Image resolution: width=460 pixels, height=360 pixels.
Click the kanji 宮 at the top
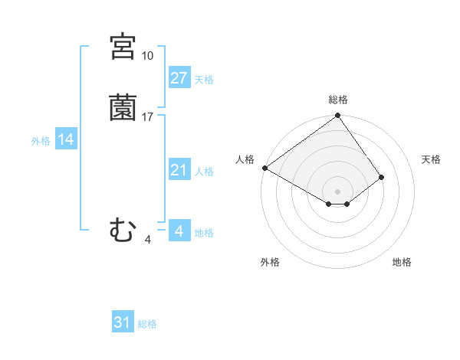(123, 47)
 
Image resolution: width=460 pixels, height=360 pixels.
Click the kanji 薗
(123, 107)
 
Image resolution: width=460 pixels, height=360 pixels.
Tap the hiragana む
(123, 230)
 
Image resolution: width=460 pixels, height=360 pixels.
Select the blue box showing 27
(179, 77)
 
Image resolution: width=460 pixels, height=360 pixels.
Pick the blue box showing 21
(179, 170)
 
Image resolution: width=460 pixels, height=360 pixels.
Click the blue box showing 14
(66, 139)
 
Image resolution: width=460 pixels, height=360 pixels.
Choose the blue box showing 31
(123, 322)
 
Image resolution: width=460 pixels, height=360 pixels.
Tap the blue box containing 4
(179, 231)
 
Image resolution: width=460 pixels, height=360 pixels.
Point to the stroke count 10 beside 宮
(147, 56)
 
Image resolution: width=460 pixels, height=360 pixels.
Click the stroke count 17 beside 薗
(147, 117)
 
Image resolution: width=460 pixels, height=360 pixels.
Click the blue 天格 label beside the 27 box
(204, 80)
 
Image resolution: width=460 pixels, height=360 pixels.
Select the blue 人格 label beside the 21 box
(204, 172)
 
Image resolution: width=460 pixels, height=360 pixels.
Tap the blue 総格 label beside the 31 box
(147, 325)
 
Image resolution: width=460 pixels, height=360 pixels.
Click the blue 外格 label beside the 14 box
(41, 141)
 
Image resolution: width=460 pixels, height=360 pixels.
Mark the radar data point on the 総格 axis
(337, 117)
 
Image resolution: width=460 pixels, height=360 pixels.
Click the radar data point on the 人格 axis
(264, 168)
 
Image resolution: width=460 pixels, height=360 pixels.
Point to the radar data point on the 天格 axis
(381, 177)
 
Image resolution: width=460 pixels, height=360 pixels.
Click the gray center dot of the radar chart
(337, 191)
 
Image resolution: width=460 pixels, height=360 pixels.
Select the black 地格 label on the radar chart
(402, 263)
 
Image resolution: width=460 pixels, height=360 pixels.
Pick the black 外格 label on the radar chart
(270, 263)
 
